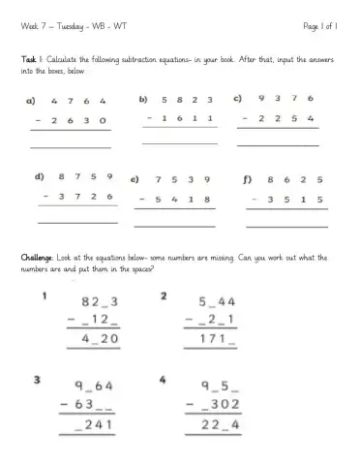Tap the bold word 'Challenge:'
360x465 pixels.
coord(43,258)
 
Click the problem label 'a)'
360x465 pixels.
coord(31,101)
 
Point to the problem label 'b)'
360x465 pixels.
coord(143,99)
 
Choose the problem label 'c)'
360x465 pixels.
coord(237,99)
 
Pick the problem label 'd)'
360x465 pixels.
coord(40,177)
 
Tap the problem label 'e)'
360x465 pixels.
coord(135,179)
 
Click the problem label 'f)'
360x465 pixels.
coord(248,179)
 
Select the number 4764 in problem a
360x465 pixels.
coord(79,101)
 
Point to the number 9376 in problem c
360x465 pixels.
coord(286,99)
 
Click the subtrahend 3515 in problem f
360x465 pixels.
coord(294,198)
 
